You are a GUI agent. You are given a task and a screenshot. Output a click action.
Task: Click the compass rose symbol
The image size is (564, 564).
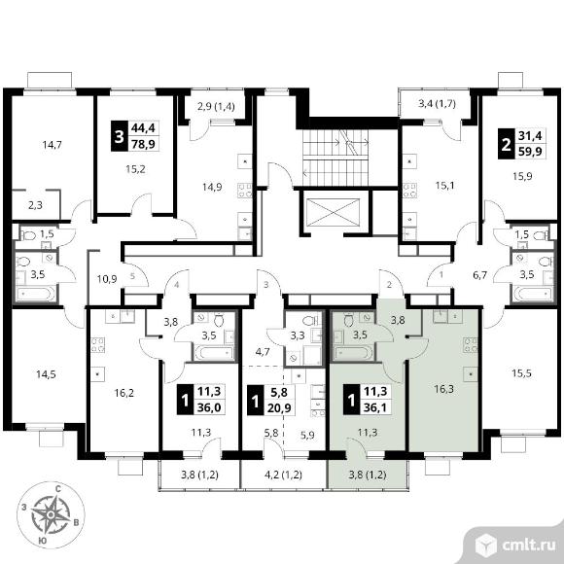pos(51,515)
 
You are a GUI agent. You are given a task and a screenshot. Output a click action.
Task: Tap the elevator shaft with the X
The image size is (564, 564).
pos(334,212)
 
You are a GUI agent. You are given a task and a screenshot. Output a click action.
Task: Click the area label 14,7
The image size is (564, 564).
pos(53,145)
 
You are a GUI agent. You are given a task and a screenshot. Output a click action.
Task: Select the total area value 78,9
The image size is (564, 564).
pos(143,145)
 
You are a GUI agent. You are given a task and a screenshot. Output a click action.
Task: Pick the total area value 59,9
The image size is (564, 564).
pos(530,151)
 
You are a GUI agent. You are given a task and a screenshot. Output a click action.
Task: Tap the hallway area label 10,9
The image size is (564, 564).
pos(107,279)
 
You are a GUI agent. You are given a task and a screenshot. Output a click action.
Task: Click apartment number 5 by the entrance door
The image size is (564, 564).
pos(132,276)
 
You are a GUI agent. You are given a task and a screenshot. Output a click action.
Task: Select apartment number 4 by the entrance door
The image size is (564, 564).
pos(177,285)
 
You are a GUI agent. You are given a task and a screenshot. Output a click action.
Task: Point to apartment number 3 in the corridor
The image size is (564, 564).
pos(266,285)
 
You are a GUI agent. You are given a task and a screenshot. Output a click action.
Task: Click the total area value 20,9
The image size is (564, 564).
pos(279,407)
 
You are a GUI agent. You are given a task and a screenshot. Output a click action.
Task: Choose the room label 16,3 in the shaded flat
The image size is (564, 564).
pos(443,389)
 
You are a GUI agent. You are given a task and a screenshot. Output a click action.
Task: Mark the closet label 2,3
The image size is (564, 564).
pos(35,205)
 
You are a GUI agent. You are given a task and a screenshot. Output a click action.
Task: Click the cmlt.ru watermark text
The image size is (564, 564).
pos(528,546)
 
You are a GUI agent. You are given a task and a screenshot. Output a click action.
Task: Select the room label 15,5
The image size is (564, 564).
pos(521,373)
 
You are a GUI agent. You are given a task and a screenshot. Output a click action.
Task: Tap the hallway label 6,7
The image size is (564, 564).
pos(479,275)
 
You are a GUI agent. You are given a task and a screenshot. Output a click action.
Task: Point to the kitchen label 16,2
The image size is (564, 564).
pos(124,393)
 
